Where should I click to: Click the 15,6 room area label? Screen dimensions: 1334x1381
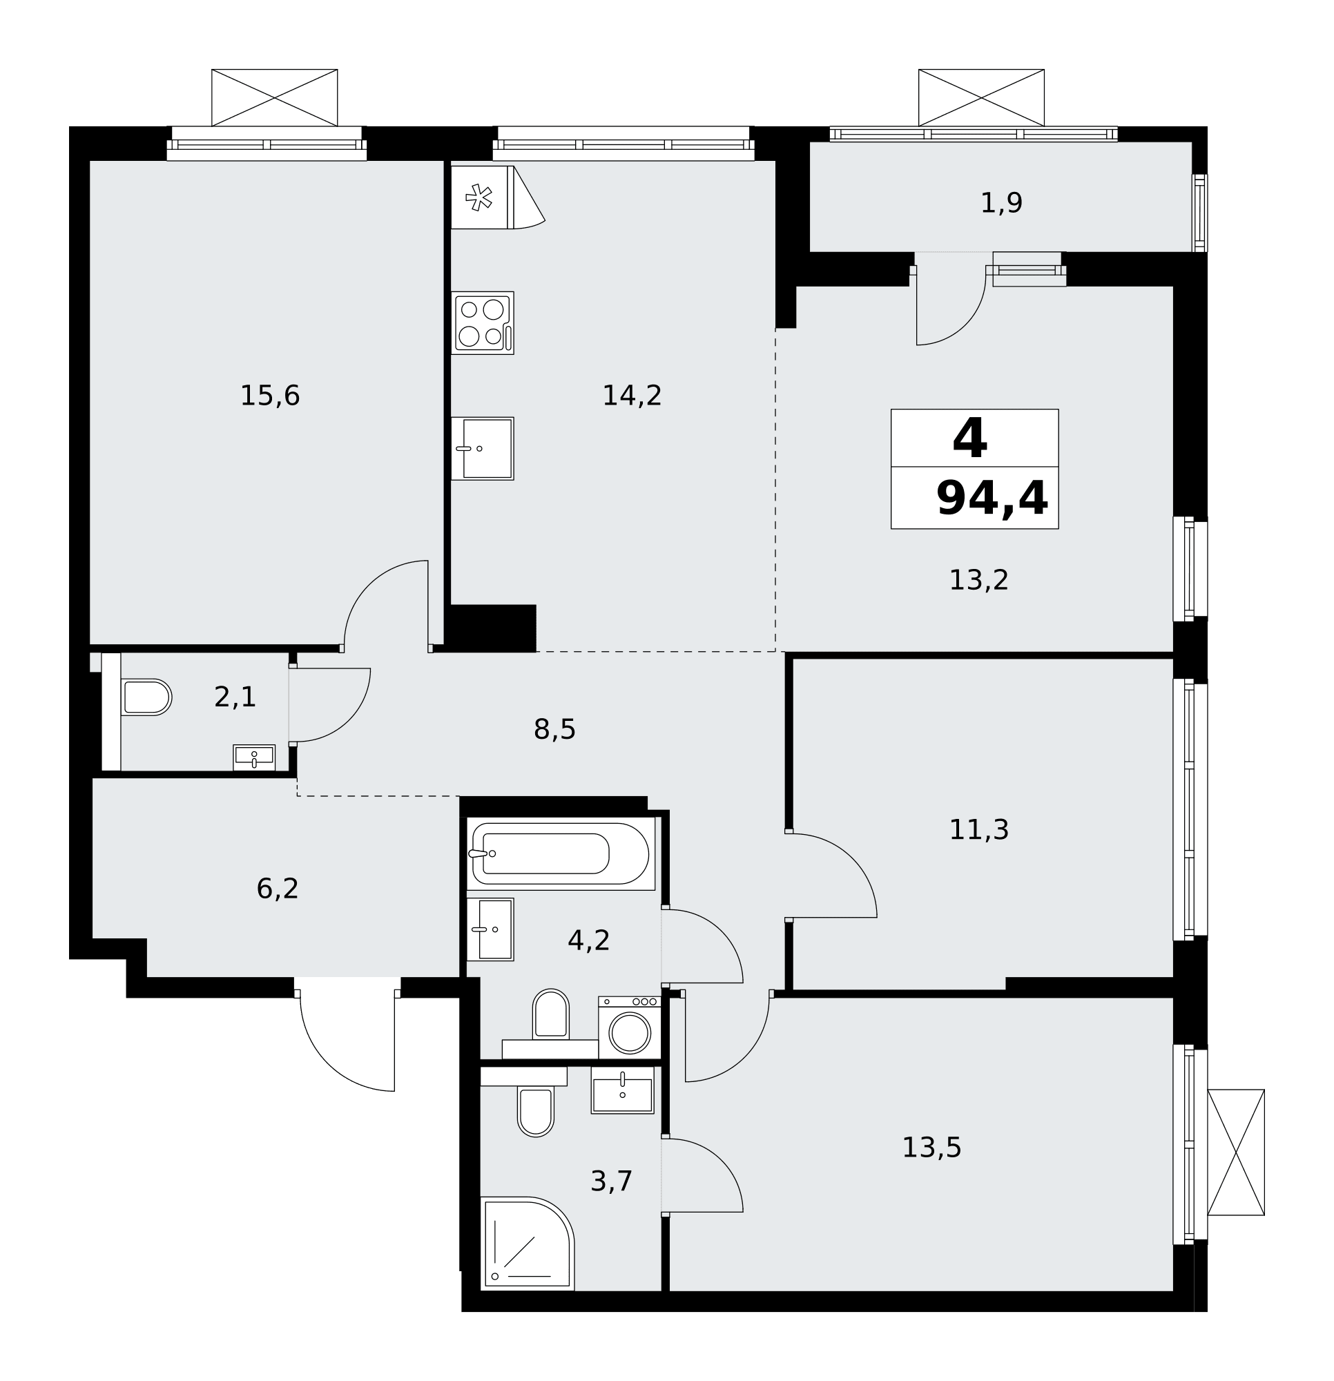coord(270,396)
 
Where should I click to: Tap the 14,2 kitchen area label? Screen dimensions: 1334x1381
coord(632,396)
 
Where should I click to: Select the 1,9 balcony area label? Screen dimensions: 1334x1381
coord(1001,204)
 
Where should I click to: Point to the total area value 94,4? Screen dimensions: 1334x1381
coord(992,498)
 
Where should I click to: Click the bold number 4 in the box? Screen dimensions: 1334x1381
coord(970,438)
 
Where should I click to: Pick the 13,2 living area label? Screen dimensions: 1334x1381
coord(979,581)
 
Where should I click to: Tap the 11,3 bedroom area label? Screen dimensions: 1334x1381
coord(979,830)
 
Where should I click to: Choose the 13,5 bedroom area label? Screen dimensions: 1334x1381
coord(931,1148)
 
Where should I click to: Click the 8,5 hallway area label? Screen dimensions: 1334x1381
coord(554,730)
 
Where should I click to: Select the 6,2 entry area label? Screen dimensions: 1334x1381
coord(278,889)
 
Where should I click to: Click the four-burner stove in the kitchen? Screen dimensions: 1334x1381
coord(483,322)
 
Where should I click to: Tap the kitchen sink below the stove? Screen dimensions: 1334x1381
coord(483,449)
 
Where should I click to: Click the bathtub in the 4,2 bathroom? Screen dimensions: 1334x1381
coord(561,853)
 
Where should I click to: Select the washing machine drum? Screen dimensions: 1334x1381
coord(629,1033)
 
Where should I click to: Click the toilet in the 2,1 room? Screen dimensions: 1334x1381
coord(146,697)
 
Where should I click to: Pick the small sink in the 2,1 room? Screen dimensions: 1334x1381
coord(254,757)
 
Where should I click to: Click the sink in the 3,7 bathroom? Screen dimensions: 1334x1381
coord(622,1090)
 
